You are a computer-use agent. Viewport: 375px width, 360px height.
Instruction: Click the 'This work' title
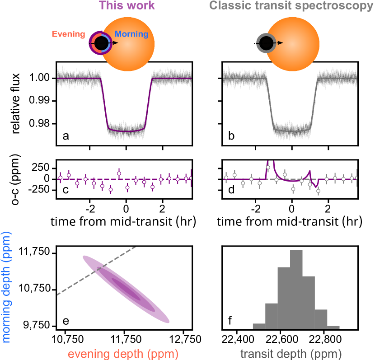click(x=127, y=6)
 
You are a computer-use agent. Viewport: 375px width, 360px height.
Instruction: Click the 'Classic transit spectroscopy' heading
click(x=291, y=6)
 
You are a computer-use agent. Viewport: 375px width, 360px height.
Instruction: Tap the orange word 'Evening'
click(x=69, y=34)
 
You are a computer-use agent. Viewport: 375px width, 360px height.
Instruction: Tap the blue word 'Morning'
click(x=131, y=34)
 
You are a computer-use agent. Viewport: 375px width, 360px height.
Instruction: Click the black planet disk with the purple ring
click(x=100, y=43)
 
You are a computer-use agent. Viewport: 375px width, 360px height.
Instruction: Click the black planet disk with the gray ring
click(x=266, y=43)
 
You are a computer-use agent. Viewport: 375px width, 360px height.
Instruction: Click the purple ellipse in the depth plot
click(x=126, y=289)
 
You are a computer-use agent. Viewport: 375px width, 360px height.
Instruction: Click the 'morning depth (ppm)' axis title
click(x=6, y=287)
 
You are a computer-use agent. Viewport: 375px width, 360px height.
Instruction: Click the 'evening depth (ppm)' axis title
click(x=123, y=354)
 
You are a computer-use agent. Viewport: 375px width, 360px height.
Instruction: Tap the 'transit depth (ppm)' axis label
click(x=291, y=354)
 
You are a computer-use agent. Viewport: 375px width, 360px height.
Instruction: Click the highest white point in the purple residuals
click(x=119, y=173)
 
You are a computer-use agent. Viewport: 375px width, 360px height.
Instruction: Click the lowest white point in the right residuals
click(x=319, y=191)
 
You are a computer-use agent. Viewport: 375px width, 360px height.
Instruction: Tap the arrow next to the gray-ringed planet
click(x=280, y=43)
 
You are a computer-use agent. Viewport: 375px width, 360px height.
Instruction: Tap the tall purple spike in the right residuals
click(x=268, y=164)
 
